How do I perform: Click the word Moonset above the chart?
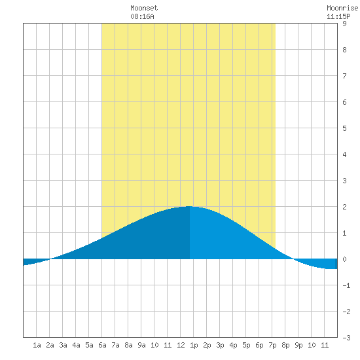click(x=144, y=8)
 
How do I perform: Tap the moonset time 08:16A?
click(x=142, y=16)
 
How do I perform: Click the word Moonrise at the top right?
click(x=342, y=8)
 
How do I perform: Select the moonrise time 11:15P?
click(x=338, y=16)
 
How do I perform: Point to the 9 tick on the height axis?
click(x=344, y=24)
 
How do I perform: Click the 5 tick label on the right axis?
click(x=344, y=128)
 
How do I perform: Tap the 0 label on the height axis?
click(x=344, y=259)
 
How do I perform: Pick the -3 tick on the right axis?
click(x=346, y=338)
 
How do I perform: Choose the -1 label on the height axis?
click(x=346, y=285)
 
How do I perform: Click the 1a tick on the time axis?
click(x=37, y=345)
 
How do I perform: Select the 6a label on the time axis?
click(x=102, y=345)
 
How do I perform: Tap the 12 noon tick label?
click(x=181, y=345)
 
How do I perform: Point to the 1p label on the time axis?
click(x=194, y=345)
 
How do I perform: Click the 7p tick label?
click(x=272, y=345)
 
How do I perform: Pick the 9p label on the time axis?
click(x=298, y=345)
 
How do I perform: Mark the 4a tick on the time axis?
click(x=76, y=345)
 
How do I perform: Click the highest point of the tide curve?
click(x=189, y=206)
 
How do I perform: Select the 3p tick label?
click(x=220, y=345)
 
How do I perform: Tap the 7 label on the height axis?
click(x=344, y=76)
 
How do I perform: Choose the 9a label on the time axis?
click(x=141, y=345)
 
